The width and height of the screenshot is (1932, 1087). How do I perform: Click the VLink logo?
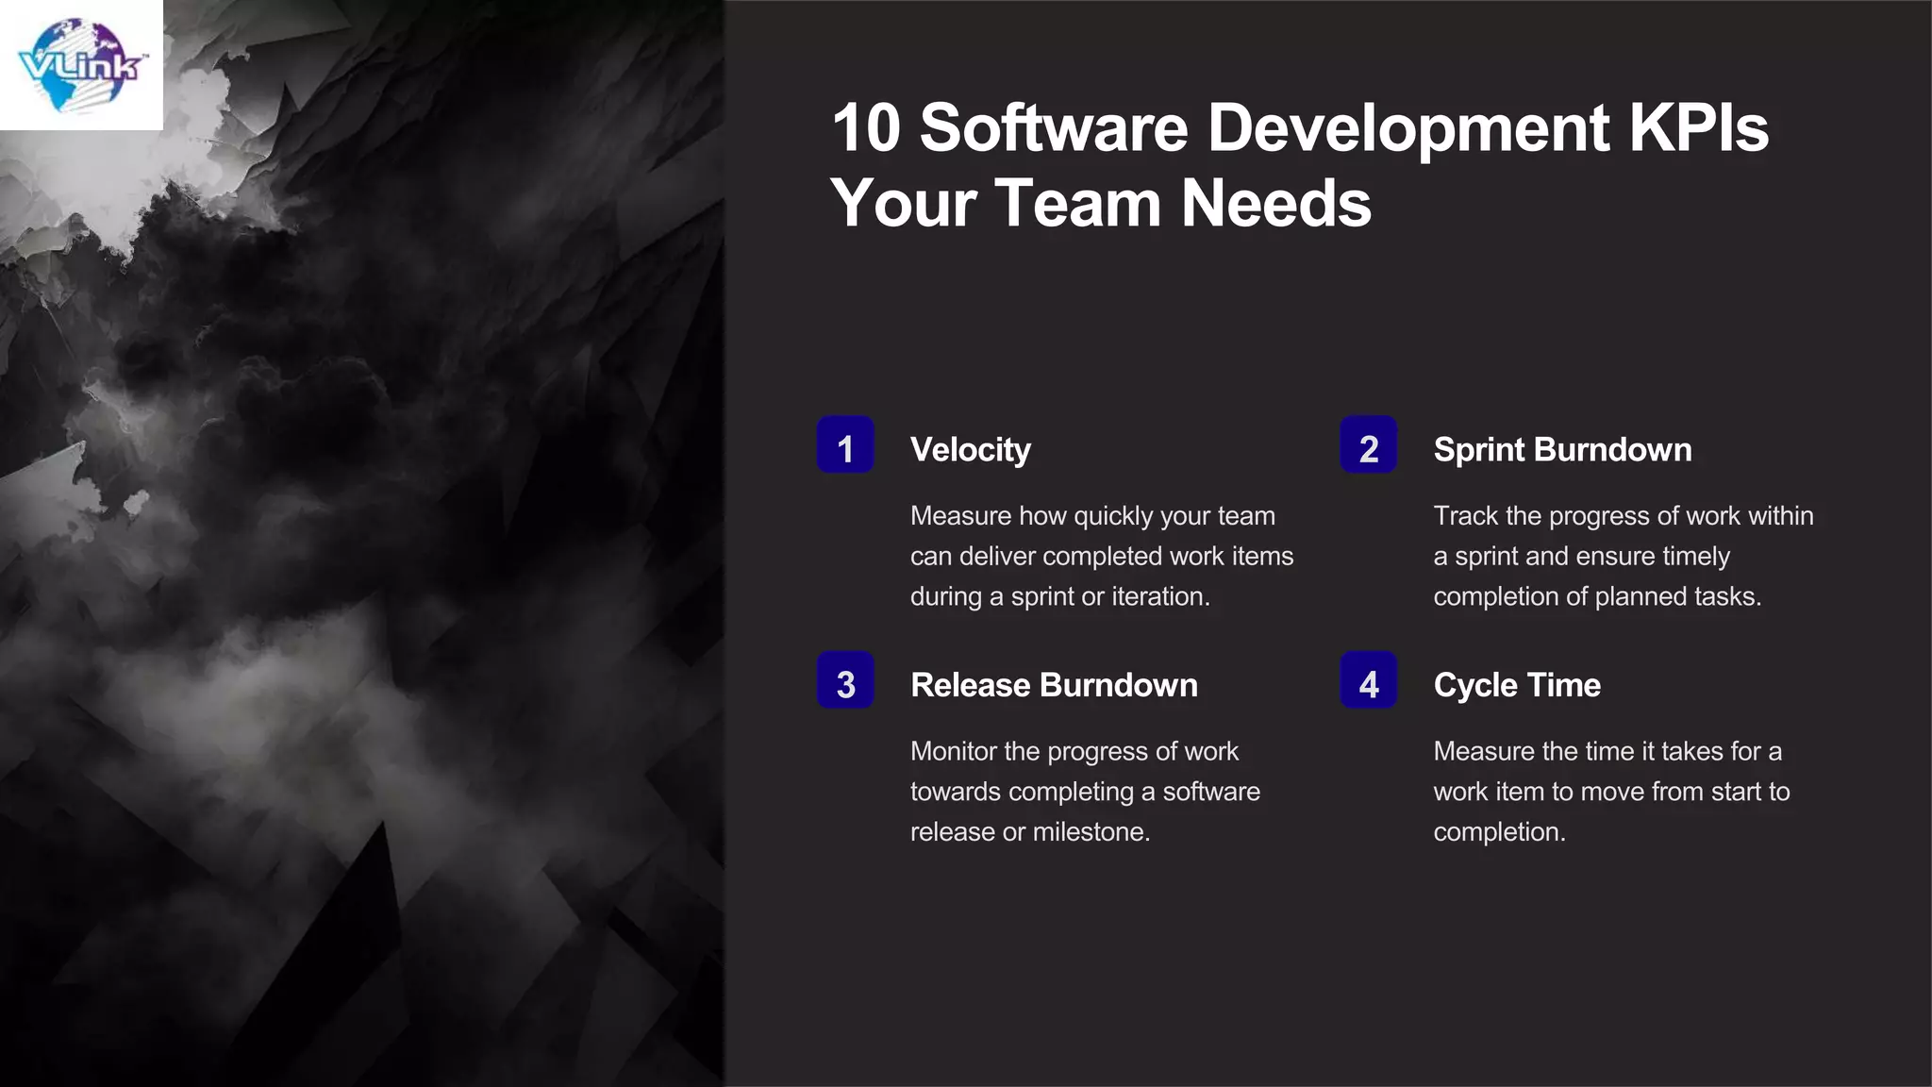point(81,65)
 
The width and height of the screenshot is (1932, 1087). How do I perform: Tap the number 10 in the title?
point(866,128)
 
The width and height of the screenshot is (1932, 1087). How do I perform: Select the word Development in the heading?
point(1407,128)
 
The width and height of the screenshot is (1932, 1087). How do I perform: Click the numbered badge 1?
point(845,445)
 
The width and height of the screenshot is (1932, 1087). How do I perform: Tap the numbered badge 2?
point(1368,445)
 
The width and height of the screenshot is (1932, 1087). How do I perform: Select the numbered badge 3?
point(845,681)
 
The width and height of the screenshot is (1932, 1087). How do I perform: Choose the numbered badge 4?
point(1368,681)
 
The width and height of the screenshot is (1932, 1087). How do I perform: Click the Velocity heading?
point(970,450)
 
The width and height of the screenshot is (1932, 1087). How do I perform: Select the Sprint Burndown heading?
point(1562,450)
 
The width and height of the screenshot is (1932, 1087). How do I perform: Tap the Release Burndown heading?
point(1054,685)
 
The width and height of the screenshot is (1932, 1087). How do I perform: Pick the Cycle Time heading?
point(1517,685)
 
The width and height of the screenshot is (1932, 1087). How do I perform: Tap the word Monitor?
point(953,751)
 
